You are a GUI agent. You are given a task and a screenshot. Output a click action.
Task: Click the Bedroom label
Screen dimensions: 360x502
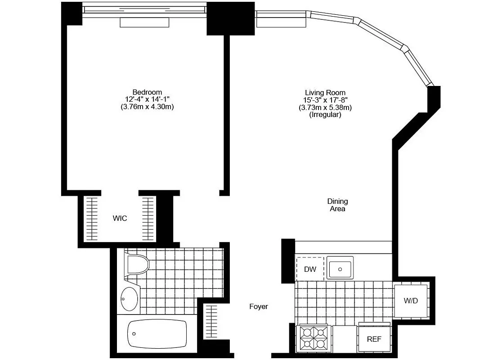147,92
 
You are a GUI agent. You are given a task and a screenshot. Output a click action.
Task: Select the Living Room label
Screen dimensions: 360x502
325,93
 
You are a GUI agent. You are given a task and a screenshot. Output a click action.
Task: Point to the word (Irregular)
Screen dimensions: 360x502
325,115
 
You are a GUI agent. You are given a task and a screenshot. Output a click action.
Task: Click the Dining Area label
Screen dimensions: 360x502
337,205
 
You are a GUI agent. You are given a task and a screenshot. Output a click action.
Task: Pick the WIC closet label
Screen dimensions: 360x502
120,219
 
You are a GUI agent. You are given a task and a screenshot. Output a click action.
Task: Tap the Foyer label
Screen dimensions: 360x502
259,306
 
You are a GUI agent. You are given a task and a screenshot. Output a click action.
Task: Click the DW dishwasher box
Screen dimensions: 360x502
310,270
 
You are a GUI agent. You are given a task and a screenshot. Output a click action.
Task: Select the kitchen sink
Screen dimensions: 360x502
340,269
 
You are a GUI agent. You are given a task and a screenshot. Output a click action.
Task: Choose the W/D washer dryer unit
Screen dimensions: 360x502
411,301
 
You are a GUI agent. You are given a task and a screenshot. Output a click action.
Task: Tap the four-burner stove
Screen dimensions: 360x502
314,339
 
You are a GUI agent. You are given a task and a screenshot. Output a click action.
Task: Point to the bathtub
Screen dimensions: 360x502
157,334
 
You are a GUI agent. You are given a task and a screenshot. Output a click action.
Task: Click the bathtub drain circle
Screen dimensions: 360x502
134,334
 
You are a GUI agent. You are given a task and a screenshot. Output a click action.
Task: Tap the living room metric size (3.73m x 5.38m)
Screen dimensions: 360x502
325,108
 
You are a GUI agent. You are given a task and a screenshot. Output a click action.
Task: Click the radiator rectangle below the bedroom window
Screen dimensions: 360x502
144,22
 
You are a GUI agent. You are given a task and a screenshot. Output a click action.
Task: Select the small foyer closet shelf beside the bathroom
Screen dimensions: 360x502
211,320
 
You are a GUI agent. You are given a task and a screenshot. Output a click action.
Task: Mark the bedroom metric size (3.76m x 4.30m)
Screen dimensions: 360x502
147,107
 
